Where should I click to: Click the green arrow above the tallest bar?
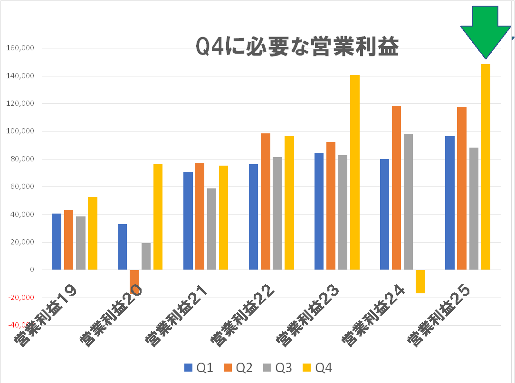pos(485,28)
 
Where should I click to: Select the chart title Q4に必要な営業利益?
pos(297,47)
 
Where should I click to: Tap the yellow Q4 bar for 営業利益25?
pos(486,167)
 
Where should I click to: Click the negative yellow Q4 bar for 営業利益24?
pos(420,281)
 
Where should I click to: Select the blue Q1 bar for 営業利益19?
pos(57,242)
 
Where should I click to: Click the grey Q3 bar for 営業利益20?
pos(146,256)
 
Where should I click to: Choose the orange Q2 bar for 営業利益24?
pos(396,187)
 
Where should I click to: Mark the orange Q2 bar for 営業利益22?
pos(265,201)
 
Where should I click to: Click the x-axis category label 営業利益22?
pos(242,315)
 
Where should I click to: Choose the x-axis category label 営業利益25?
pos(439,315)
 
